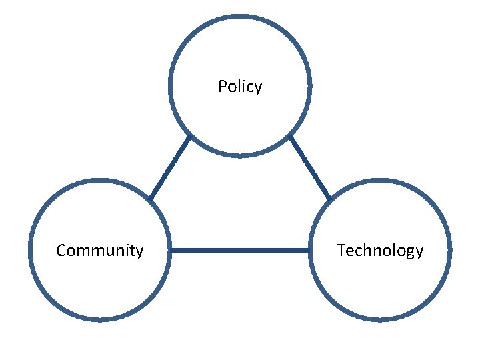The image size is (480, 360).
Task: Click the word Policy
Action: pyautogui.click(x=240, y=87)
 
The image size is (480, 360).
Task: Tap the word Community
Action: pyautogui.click(x=100, y=251)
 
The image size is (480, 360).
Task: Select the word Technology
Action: pyautogui.click(x=380, y=251)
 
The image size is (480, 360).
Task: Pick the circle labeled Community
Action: pyautogui.click(x=100, y=287)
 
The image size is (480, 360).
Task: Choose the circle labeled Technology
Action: pyautogui.click(x=380, y=287)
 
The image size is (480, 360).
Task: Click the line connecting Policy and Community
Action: pyautogui.click(x=170, y=168)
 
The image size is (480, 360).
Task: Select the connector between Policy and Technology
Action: pyautogui.click(x=310, y=168)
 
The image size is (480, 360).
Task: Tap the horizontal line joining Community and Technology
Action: pyautogui.click(x=240, y=251)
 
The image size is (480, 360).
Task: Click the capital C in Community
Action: pyautogui.click(x=61, y=251)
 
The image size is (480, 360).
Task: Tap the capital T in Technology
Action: pyautogui.click(x=341, y=251)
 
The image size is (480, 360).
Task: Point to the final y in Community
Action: pyautogui.click(x=139, y=252)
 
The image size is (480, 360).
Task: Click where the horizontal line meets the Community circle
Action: pyautogui.click(x=171, y=251)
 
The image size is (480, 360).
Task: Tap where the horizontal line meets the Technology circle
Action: pyautogui.click(x=309, y=251)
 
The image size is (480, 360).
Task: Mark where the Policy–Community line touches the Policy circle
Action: pyautogui.click(x=190, y=137)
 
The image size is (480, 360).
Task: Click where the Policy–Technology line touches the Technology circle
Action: pyautogui.click(x=329, y=199)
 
